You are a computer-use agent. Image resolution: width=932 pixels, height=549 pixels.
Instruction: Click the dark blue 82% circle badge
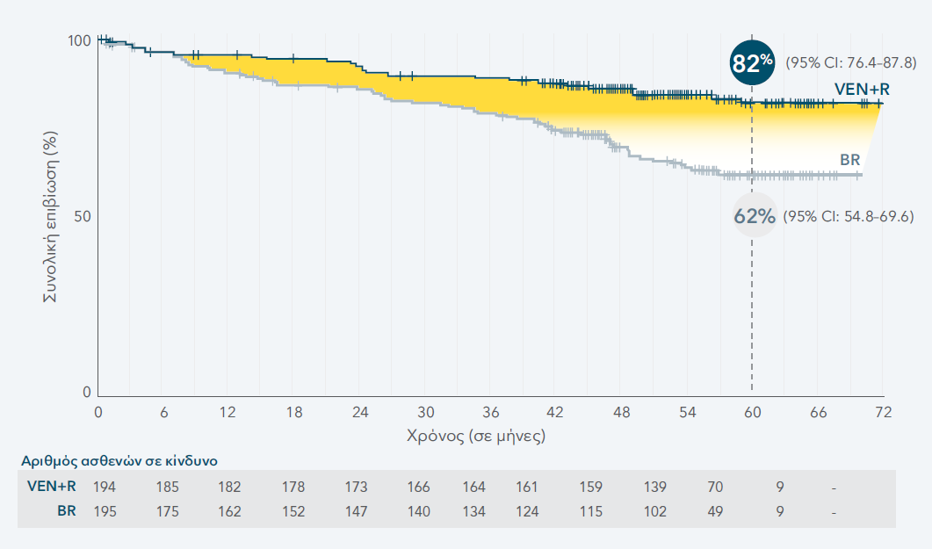click(752, 62)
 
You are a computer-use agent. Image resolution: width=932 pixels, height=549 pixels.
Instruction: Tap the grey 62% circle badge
click(755, 215)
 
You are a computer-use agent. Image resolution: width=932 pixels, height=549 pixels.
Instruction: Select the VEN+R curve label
click(862, 88)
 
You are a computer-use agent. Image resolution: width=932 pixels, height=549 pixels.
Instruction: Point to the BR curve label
click(849, 159)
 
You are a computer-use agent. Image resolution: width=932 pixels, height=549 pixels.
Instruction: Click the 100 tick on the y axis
click(79, 41)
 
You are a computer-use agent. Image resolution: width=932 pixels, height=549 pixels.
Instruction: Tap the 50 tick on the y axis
click(83, 217)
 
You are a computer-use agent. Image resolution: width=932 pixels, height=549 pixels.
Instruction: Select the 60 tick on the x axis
click(752, 412)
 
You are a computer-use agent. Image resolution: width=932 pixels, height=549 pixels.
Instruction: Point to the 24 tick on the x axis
click(360, 412)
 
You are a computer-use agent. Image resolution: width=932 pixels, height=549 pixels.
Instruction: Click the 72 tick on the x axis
click(883, 412)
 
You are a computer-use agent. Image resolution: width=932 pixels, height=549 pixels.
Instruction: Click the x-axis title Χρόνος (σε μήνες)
click(476, 435)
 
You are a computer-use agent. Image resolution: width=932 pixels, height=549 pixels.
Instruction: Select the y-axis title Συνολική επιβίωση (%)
click(51, 217)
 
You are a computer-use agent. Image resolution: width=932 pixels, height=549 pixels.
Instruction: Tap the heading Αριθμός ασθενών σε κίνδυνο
click(119, 459)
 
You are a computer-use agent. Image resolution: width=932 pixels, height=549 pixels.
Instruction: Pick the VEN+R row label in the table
click(52, 486)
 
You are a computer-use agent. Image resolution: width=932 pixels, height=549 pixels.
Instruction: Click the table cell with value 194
click(104, 486)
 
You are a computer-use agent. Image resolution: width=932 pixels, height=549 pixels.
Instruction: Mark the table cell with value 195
click(104, 511)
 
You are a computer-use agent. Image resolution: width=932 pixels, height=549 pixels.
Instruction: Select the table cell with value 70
click(718, 486)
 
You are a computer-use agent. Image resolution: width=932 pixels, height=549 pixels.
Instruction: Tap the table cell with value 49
click(718, 511)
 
